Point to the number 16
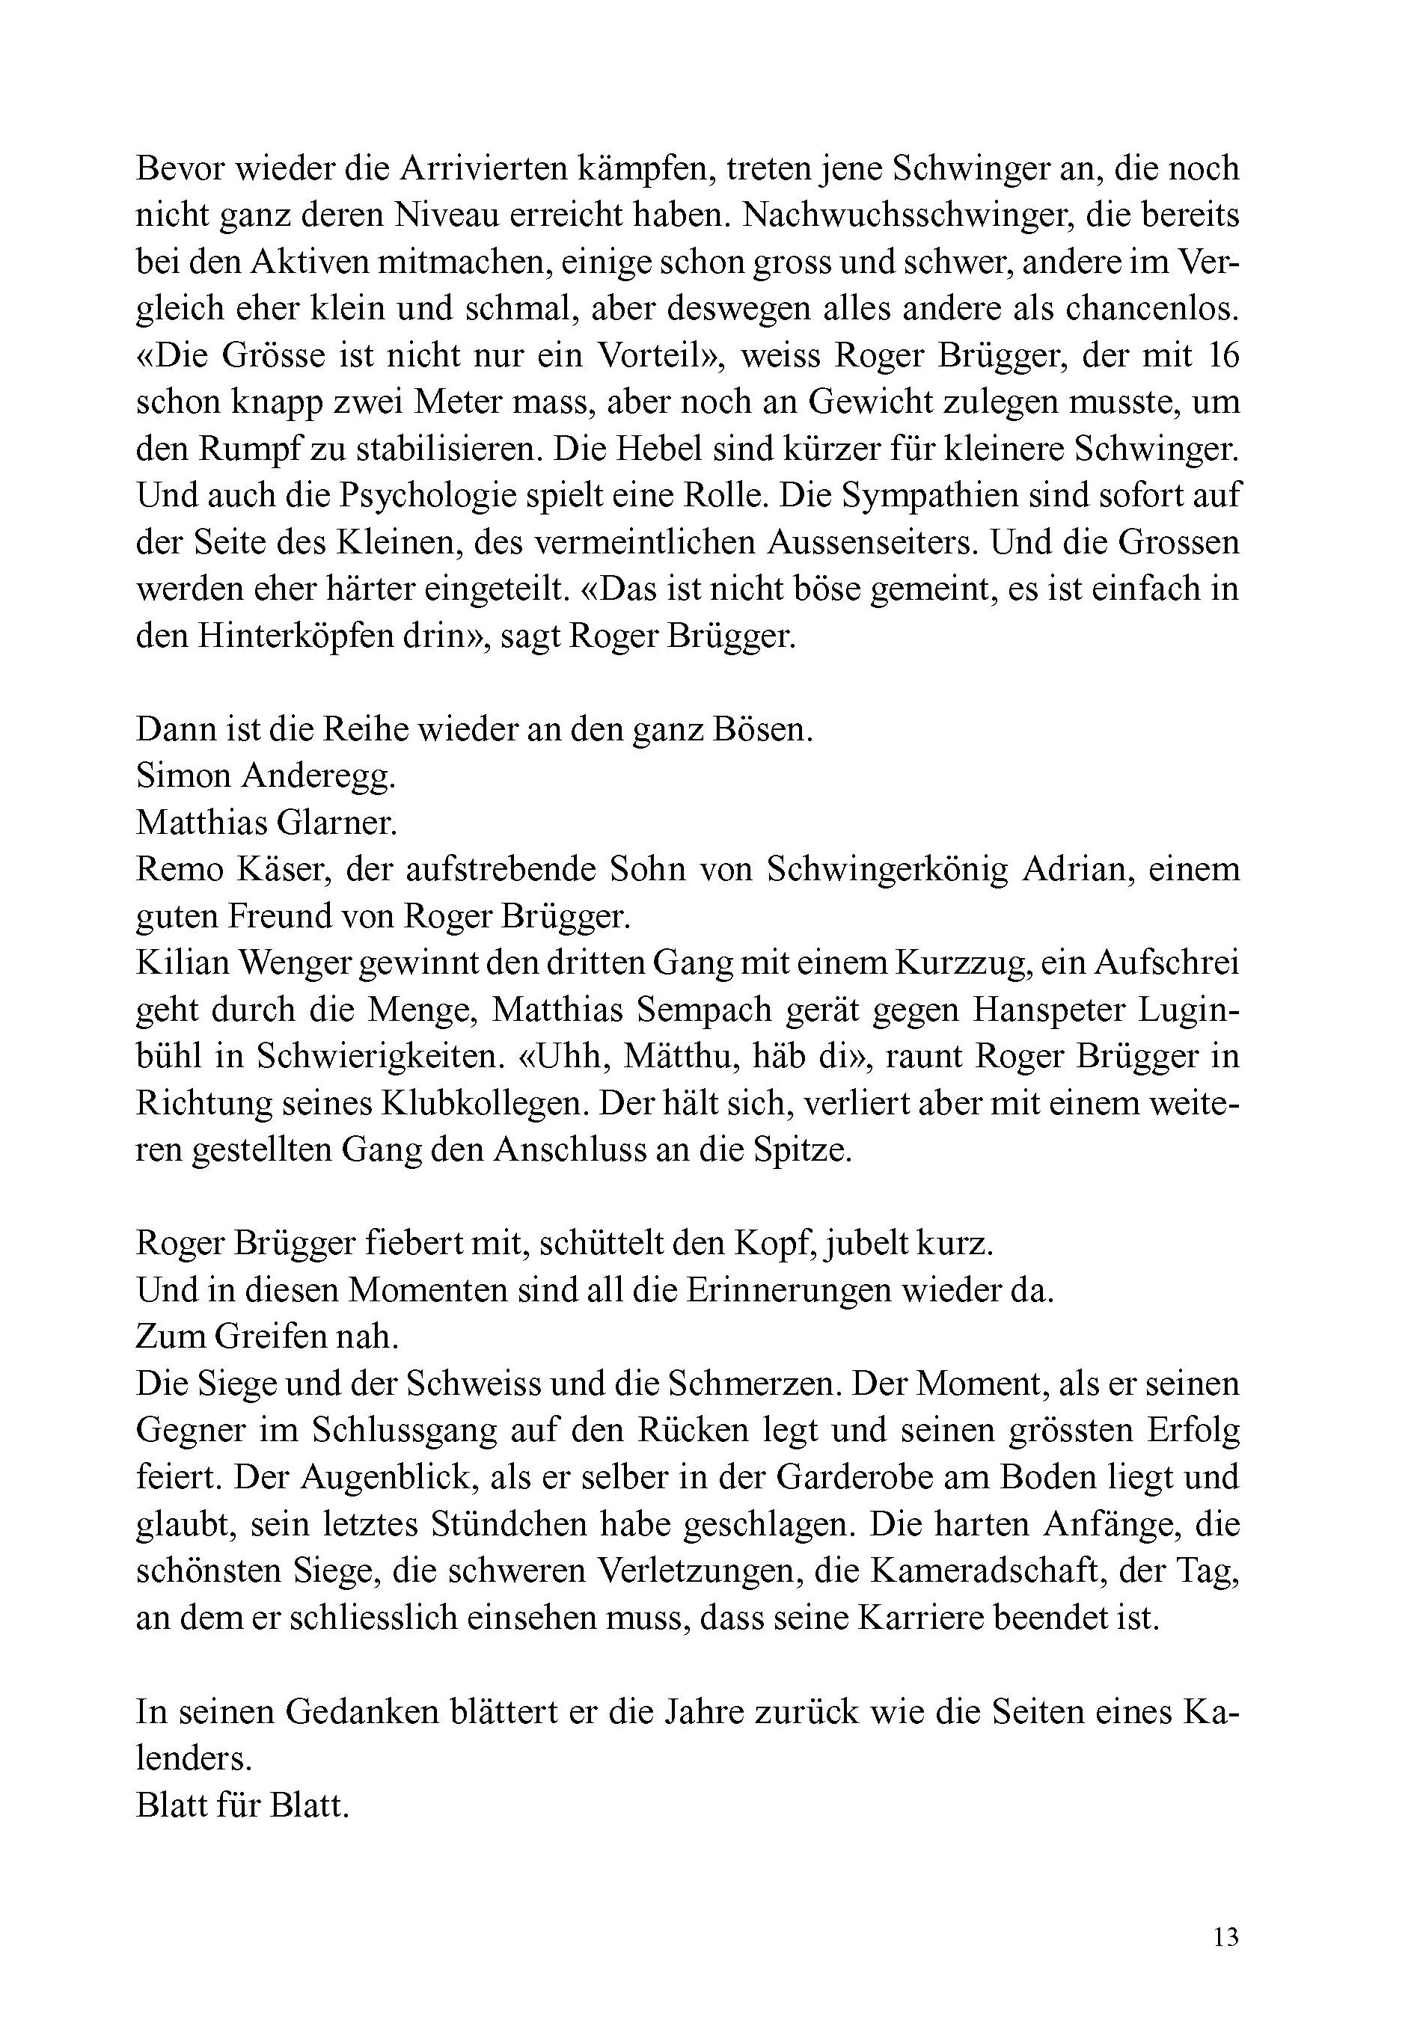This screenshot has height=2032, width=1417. tap(1222, 355)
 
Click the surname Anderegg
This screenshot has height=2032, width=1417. tap(319, 776)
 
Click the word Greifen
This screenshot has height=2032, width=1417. tap(266, 1336)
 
